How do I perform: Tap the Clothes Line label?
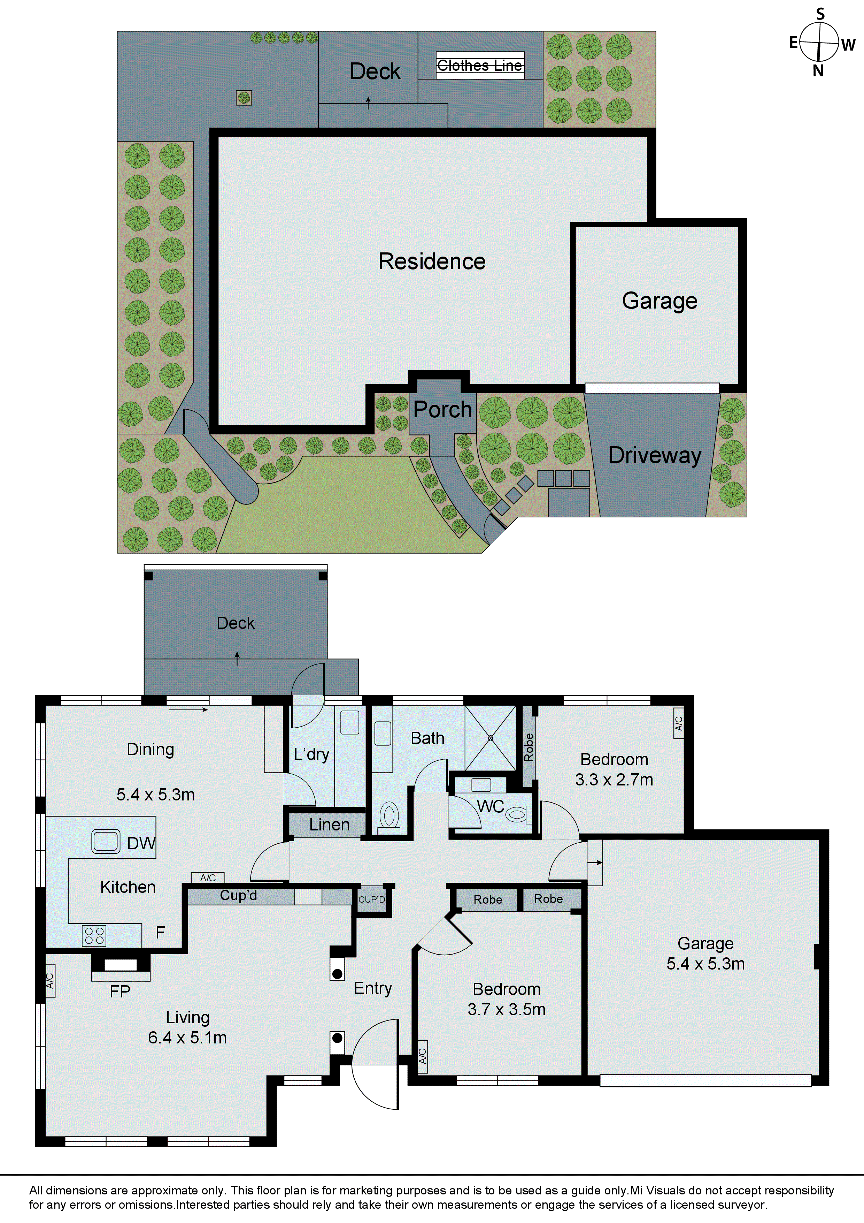(x=480, y=66)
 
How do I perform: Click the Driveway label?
(x=655, y=455)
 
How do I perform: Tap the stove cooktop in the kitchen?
(x=94, y=936)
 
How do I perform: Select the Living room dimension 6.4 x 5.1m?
(x=187, y=1038)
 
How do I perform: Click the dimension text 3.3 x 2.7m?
(x=614, y=780)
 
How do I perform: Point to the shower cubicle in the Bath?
(x=490, y=738)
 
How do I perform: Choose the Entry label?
(x=373, y=988)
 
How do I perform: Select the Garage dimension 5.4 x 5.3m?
(x=705, y=964)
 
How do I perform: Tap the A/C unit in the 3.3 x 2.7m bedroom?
(x=678, y=723)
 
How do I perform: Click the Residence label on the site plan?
(x=432, y=261)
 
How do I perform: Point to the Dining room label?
(x=150, y=750)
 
